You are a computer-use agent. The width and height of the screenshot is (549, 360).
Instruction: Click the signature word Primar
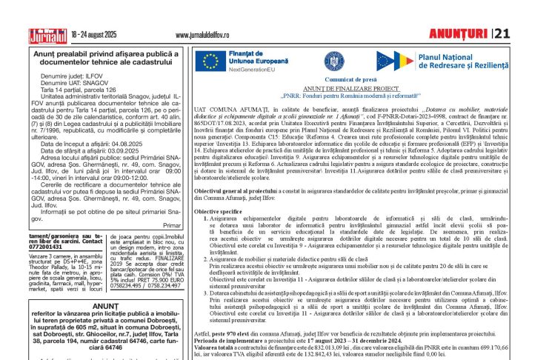pyautogui.click(x=171, y=224)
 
